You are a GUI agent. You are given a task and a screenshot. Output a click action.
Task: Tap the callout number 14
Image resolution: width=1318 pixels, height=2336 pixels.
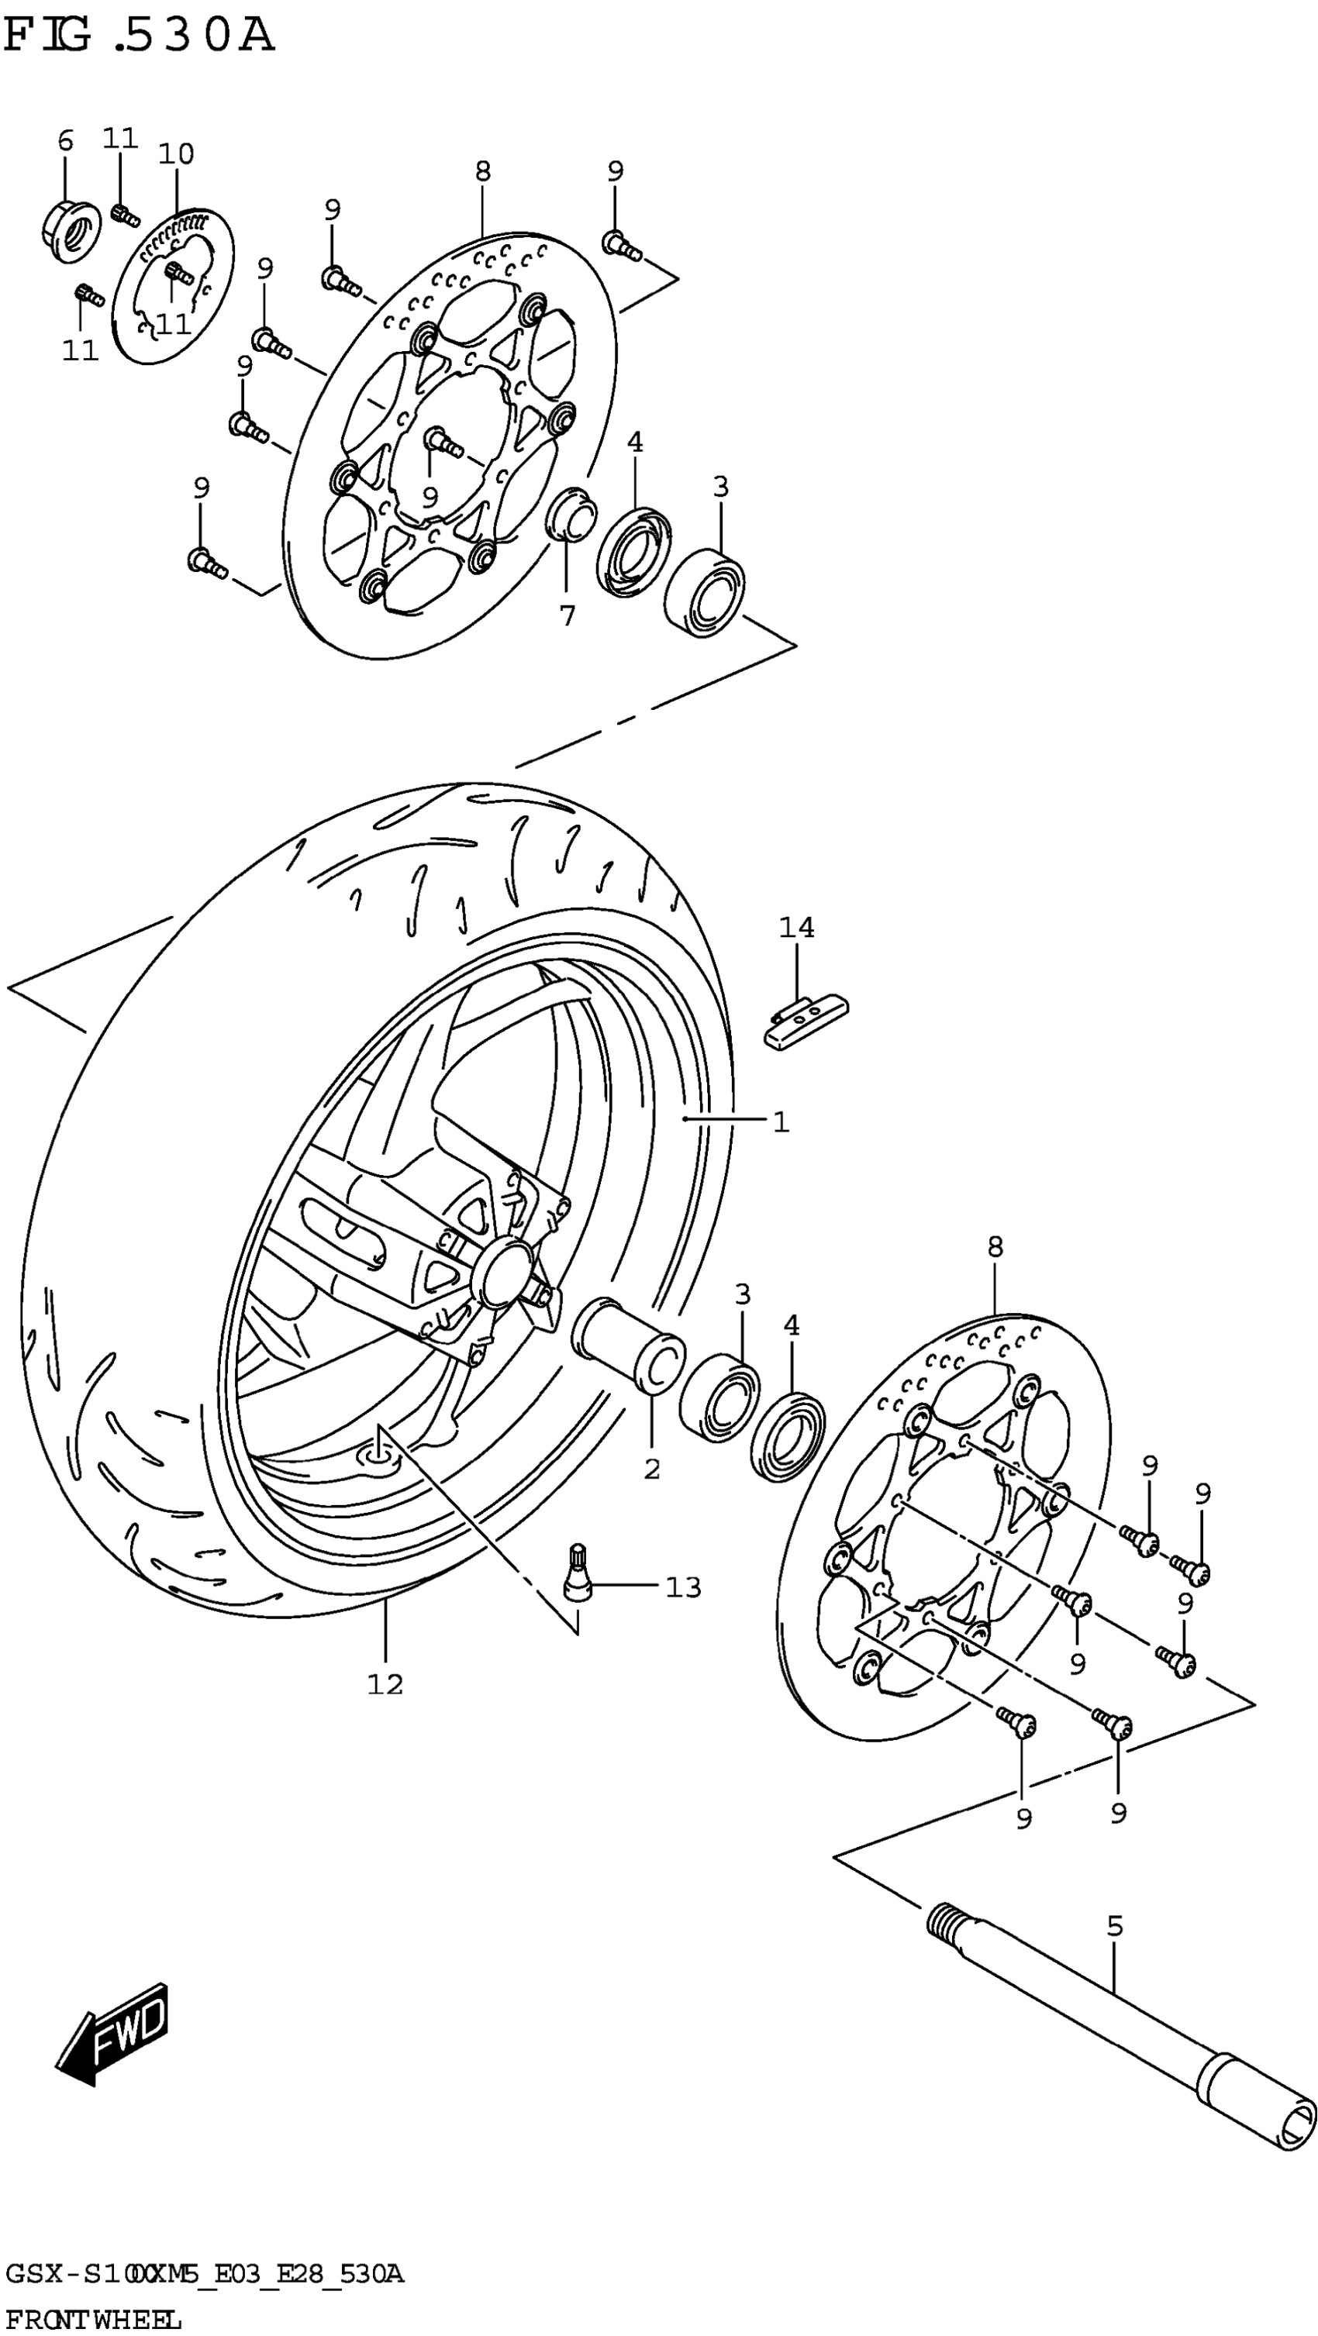(796, 928)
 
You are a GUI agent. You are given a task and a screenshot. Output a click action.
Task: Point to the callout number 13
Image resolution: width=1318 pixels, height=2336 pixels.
(683, 1587)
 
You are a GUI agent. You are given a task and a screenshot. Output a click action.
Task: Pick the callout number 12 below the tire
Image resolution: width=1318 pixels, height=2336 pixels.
(385, 1684)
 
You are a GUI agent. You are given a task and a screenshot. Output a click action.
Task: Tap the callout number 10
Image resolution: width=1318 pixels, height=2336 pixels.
(176, 154)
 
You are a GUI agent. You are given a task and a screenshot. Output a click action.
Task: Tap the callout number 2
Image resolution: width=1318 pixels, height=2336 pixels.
(652, 1468)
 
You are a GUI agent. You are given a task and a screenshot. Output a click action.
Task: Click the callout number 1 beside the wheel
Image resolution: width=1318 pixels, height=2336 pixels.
(781, 1122)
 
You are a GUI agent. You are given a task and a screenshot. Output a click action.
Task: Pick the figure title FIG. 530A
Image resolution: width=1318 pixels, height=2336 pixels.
(138, 36)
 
